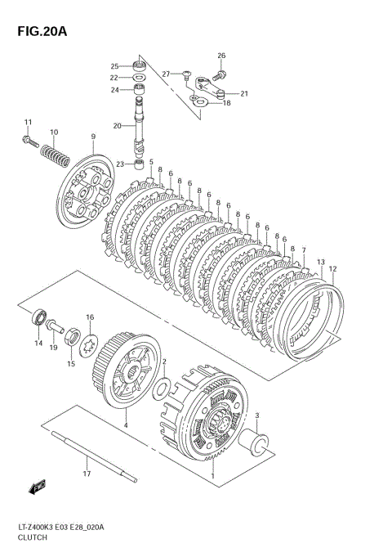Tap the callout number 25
115,66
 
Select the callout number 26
220,56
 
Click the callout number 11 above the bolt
27,123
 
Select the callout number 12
332,268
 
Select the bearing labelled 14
38,318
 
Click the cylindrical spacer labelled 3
261,446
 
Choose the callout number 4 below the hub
126,425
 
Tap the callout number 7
304,250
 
